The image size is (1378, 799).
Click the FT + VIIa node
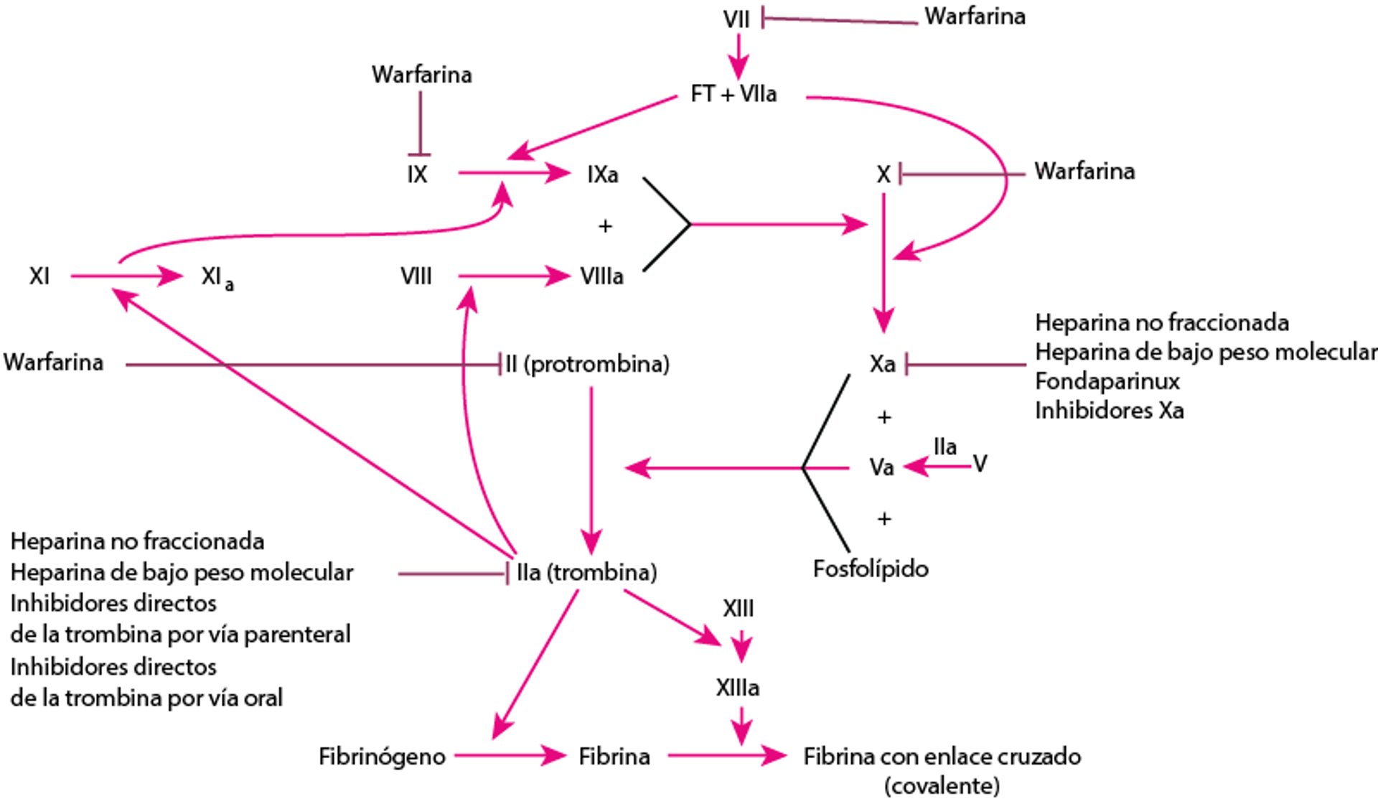point(733,94)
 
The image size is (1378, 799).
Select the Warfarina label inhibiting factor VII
point(974,17)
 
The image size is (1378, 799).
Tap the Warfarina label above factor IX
point(421,75)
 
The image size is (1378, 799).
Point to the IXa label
point(602,174)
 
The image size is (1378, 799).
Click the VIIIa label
point(601,276)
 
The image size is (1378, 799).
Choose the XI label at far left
point(39,276)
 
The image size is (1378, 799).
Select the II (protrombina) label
point(587,364)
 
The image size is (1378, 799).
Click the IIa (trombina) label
point(586,572)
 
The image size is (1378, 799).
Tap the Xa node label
point(882,364)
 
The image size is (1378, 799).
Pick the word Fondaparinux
point(1107,381)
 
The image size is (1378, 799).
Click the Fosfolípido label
point(870,569)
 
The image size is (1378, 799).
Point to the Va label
point(881,467)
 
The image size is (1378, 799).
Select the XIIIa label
point(737,688)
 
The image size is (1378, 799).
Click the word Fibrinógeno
point(382,756)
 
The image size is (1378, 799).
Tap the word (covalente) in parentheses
point(942,785)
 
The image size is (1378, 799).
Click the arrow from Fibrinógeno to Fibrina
point(510,755)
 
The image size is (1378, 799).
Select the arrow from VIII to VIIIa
point(513,276)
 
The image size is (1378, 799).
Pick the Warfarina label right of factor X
point(1084,172)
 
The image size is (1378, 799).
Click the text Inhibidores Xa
point(1109,411)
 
